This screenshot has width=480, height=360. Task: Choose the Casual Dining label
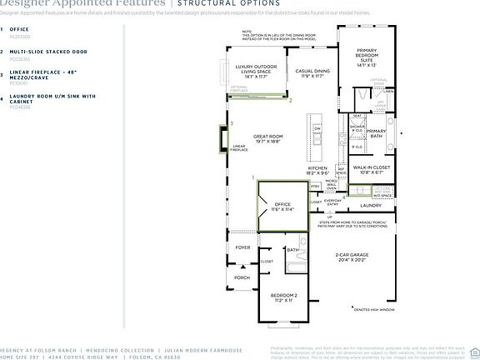pyautogui.click(x=312, y=73)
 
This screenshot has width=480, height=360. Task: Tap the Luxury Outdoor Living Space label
pyautogui.click(x=256, y=71)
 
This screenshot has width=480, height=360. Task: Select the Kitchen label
pyautogui.click(x=318, y=171)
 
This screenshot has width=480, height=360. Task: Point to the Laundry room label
pyautogui.click(x=370, y=205)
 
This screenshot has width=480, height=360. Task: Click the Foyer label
pyautogui.click(x=242, y=247)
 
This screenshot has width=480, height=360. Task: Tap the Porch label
pyautogui.click(x=242, y=277)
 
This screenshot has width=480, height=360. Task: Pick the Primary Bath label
pyautogui.click(x=377, y=133)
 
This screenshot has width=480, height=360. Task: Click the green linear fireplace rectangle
pyautogui.click(x=222, y=139)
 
